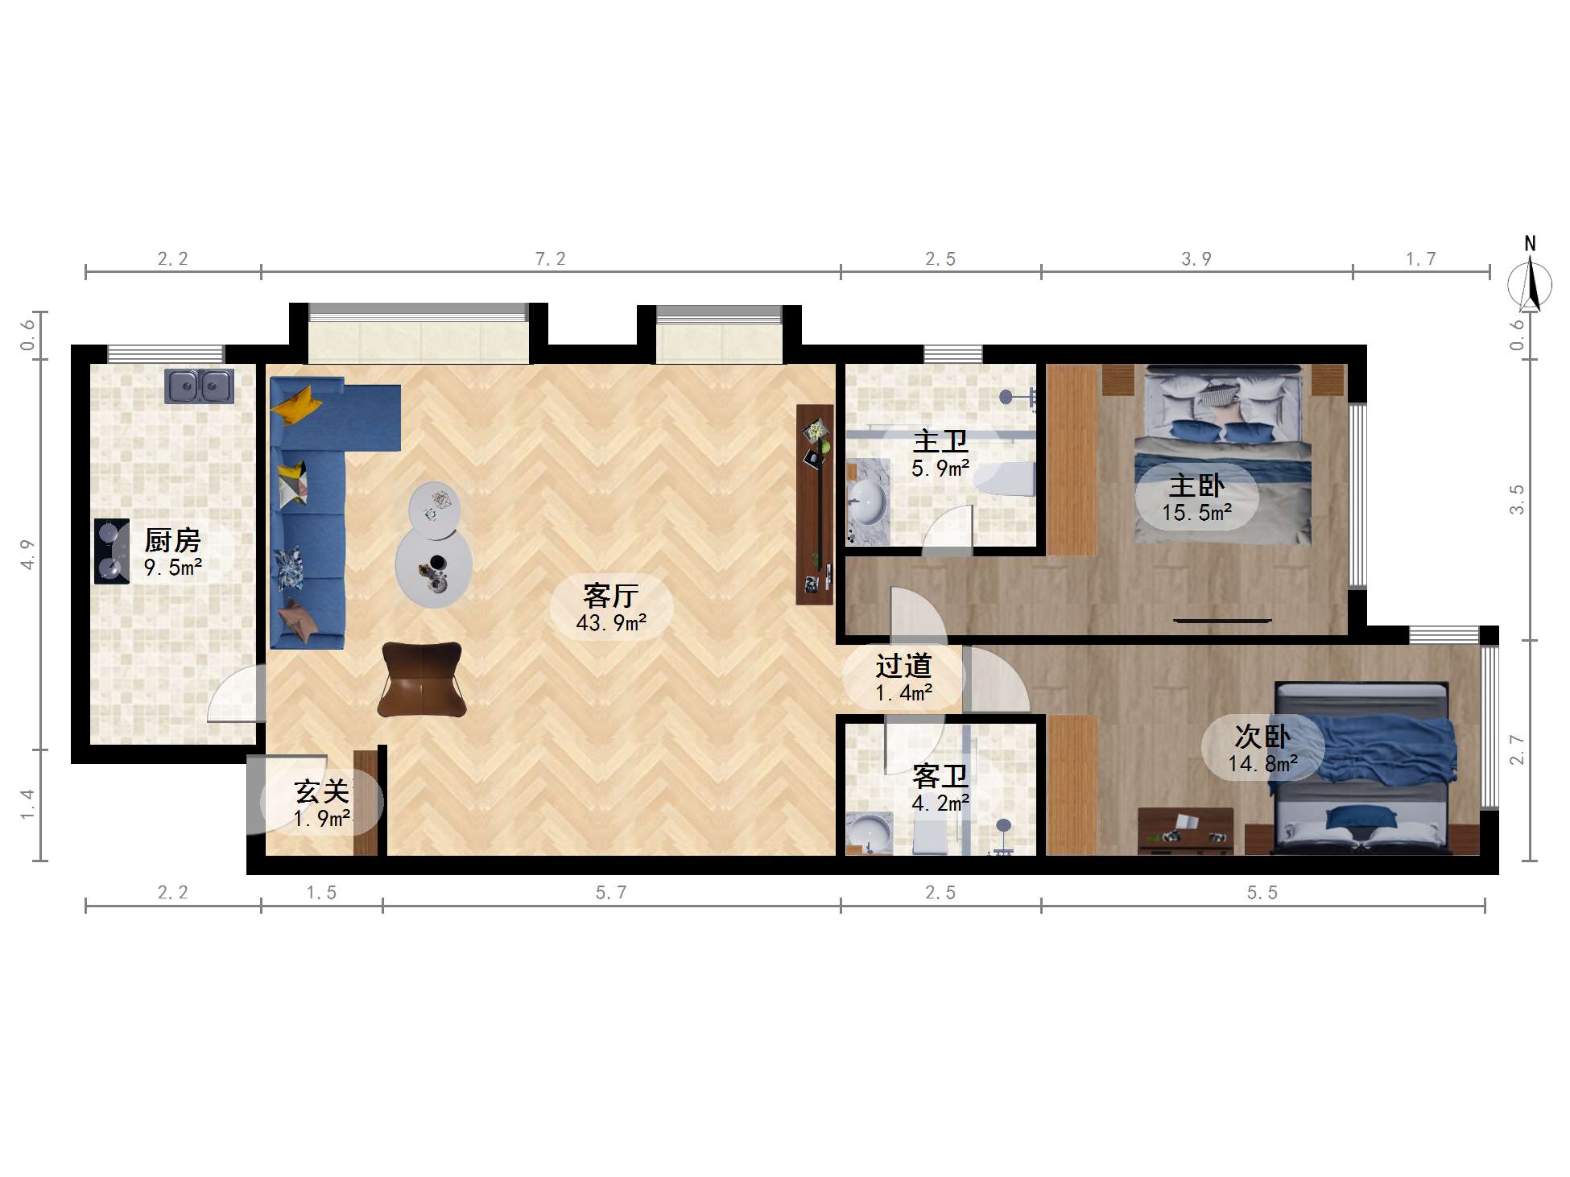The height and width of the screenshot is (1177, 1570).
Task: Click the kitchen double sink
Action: coord(200,386)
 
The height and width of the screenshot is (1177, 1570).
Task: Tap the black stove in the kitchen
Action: coord(111,551)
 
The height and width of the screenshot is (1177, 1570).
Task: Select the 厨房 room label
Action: coord(172,540)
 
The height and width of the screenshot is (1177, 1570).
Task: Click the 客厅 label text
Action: coord(611,596)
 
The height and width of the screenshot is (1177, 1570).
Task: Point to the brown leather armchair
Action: coord(422,679)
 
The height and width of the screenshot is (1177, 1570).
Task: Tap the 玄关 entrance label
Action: coord(322,791)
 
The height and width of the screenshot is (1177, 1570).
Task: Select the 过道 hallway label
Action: coord(903,666)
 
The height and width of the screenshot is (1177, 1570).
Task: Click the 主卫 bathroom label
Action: coord(940,441)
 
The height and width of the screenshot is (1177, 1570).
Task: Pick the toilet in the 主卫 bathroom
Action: coord(1004,480)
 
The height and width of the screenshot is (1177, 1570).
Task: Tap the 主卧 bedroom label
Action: coord(1196,485)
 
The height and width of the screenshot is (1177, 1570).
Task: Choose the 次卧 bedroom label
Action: coord(1262,736)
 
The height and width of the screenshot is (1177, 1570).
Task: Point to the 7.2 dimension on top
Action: coord(551,259)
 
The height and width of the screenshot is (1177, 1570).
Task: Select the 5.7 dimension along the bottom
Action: coord(611,893)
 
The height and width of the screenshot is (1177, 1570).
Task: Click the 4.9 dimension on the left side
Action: coord(28,555)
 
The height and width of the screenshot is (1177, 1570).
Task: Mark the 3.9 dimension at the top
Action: coord(1196,259)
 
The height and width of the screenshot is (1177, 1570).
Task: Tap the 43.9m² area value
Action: coord(611,622)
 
